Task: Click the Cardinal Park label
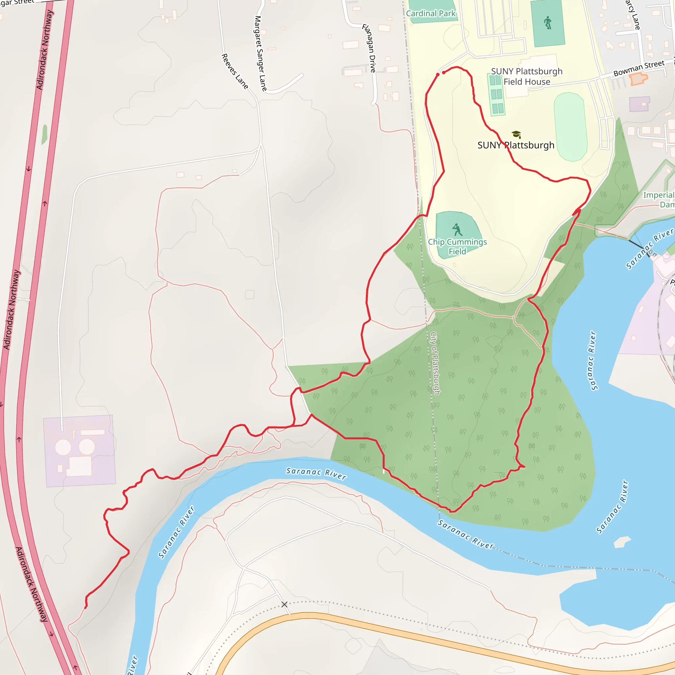pyautogui.click(x=430, y=14)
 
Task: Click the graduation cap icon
pyautogui.click(x=516, y=134)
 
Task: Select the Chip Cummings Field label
pyautogui.click(x=457, y=247)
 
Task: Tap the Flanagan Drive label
pyautogui.click(x=369, y=48)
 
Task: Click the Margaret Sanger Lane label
pyautogui.click(x=261, y=53)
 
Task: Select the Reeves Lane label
pyautogui.click(x=235, y=71)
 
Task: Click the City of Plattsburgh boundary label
pyautogui.click(x=435, y=363)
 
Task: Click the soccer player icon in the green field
pyautogui.click(x=548, y=23)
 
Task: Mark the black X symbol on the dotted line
pyautogui.click(x=284, y=604)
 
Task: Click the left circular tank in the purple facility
pyautogui.click(x=63, y=447)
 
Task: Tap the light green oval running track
pyautogui.click(x=570, y=127)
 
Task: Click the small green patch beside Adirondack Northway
pyautogui.click(x=44, y=134)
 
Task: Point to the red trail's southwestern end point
pyautogui.click(x=86, y=607)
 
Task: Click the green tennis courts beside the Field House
pyautogui.click(x=496, y=94)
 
